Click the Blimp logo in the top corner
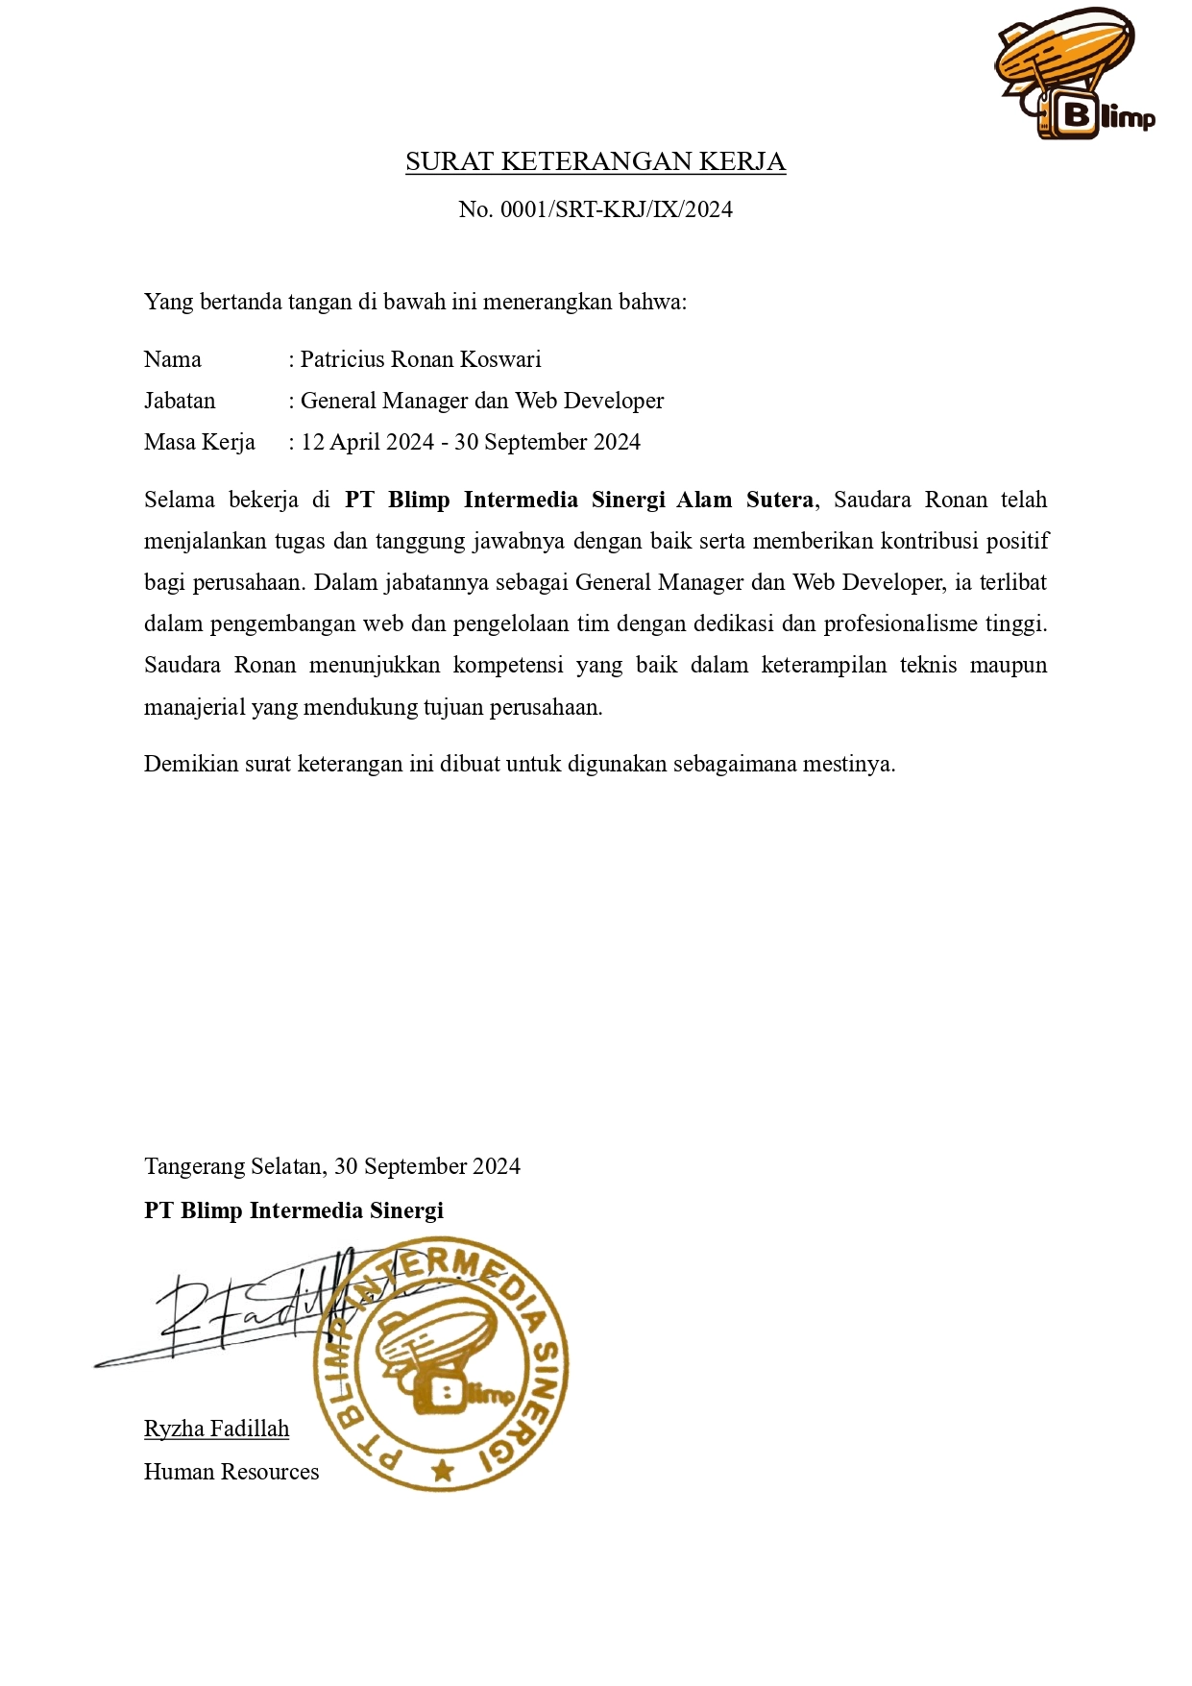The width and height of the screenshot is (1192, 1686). [x=1073, y=75]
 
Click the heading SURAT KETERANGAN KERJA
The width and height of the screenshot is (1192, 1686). [x=596, y=161]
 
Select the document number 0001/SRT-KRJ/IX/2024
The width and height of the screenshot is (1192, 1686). [x=616, y=209]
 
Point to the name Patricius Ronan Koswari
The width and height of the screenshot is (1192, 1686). [x=421, y=359]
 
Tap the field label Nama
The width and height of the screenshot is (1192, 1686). [x=173, y=359]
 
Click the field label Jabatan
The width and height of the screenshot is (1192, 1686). [x=180, y=401]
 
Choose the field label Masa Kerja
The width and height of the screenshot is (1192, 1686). [x=200, y=442]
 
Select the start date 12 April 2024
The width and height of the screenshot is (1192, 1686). [x=368, y=442]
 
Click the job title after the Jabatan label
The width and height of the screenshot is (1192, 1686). [x=482, y=401]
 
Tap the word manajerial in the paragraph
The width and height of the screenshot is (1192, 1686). [x=194, y=707]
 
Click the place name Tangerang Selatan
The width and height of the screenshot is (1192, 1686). [x=233, y=1166]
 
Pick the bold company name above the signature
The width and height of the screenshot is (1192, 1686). [x=294, y=1210]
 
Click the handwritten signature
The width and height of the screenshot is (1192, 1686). [x=250, y=1311]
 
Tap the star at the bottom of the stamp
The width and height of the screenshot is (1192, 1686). [x=443, y=1470]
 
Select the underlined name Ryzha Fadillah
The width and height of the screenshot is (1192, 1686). [x=216, y=1429]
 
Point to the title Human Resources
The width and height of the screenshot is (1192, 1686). [x=231, y=1472]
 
